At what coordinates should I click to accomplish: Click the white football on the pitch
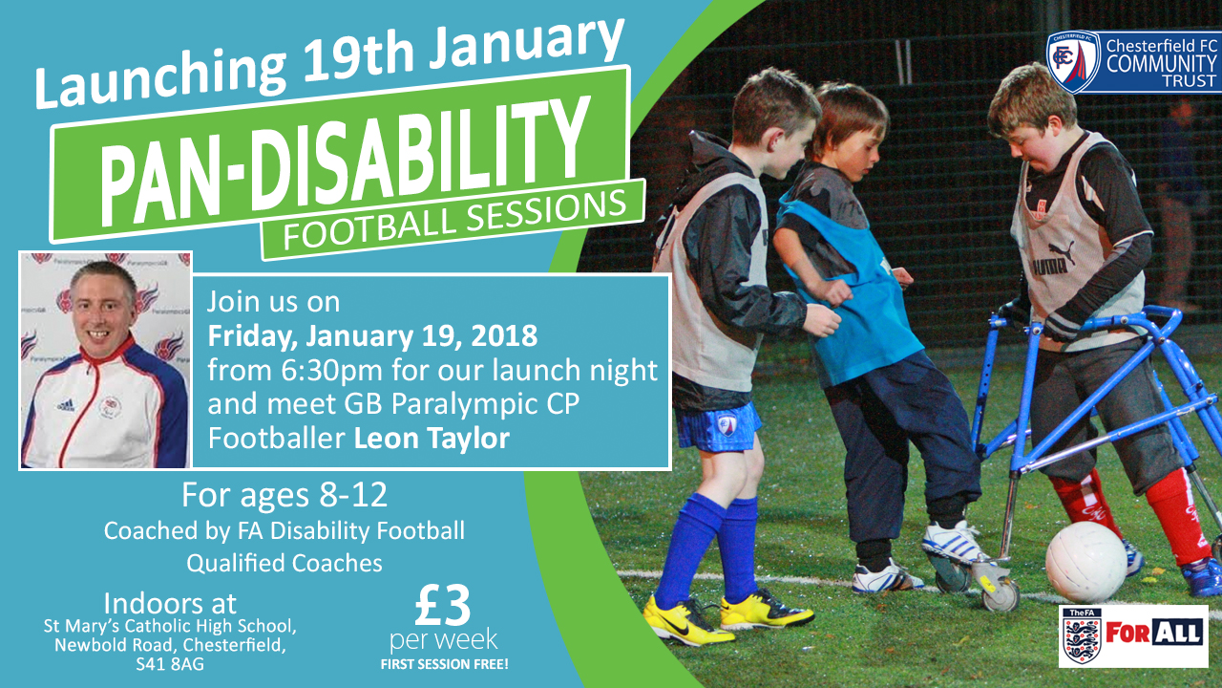[x=1086, y=562]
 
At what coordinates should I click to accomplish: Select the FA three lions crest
[x=1082, y=636]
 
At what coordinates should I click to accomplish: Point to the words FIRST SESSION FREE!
[x=444, y=664]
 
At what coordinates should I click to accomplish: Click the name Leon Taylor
[x=432, y=438]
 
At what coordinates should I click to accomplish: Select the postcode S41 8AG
[x=170, y=664]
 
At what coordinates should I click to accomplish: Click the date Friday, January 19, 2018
[x=372, y=335]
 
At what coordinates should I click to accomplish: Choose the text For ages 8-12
[x=284, y=495]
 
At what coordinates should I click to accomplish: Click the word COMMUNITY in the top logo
[x=1162, y=64]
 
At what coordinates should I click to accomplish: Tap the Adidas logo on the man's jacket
[x=66, y=405]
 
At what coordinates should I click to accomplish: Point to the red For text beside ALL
[x=1128, y=634]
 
